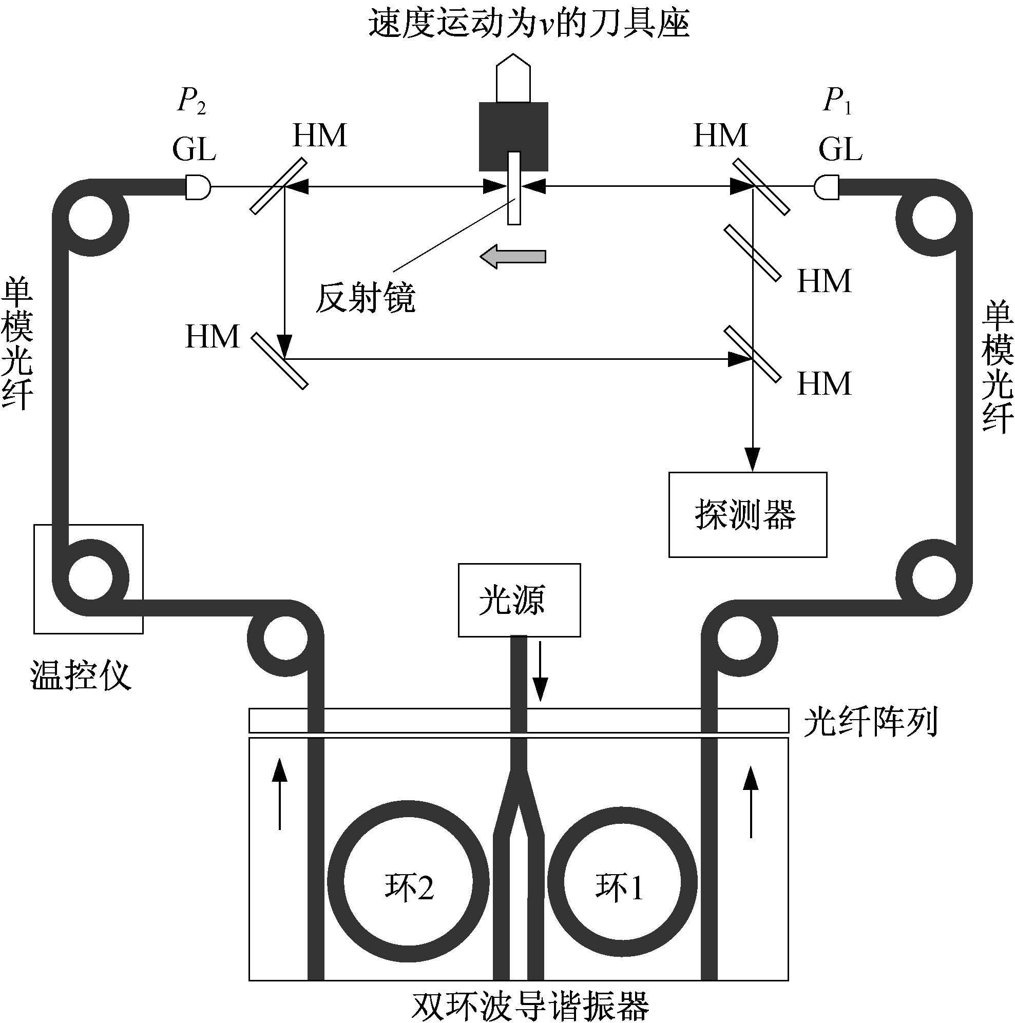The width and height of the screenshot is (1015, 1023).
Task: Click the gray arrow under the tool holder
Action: click(512, 256)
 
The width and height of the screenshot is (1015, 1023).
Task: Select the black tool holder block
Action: click(513, 137)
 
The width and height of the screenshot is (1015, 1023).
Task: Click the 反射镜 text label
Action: click(365, 297)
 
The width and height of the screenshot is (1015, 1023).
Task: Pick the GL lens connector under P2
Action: click(198, 187)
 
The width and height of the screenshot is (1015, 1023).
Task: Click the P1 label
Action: click(837, 101)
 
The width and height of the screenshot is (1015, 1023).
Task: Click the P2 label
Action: click(191, 101)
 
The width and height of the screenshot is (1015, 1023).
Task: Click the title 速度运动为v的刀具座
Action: click(529, 24)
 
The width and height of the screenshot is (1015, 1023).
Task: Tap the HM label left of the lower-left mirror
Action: click(213, 337)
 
